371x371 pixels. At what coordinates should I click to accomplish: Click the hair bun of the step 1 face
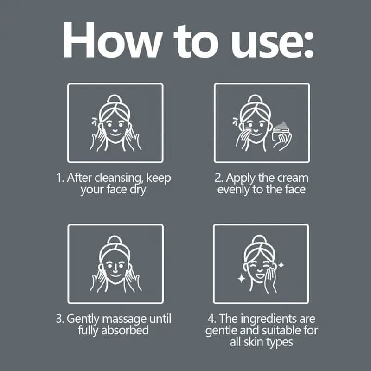(x=115, y=99)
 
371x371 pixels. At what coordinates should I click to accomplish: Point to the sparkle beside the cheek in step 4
(x=281, y=265)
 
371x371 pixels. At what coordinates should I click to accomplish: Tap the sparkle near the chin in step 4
(x=241, y=279)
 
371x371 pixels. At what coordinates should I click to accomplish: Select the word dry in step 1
(x=138, y=190)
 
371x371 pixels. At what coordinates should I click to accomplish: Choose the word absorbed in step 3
(x=125, y=330)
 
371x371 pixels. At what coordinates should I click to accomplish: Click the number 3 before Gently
(x=59, y=319)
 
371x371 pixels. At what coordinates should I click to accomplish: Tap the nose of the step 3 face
(x=115, y=268)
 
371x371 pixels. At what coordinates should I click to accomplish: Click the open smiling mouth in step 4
(x=260, y=275)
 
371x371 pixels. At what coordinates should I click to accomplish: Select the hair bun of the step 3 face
(x=115, y=240)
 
